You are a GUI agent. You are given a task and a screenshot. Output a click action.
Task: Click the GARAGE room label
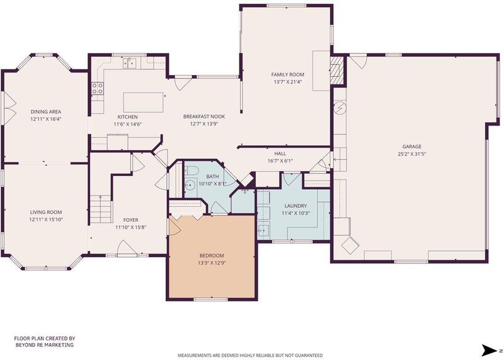pyautogui.click(x=412, y=146)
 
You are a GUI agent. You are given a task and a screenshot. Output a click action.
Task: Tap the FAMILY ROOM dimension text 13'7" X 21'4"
pyautogui.click(x=288, y=82)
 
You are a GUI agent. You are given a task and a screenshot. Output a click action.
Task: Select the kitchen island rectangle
pyautogui.click(x=144, y=102)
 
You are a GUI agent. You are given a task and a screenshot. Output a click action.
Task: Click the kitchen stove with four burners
pyautogui.click(x=98, y=88)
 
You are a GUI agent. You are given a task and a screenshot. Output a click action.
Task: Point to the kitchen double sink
pyautogui.click(x=130, y=64)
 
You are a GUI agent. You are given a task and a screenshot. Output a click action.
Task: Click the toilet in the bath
pyautogui.click(x=192, y=170)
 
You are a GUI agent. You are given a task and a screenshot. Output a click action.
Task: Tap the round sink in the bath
pyautogui.click(x=190, y=185)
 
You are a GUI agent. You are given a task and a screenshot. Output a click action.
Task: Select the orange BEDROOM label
pyautogui.click(x=212, y=255)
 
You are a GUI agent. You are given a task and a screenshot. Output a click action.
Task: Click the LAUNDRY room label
pyautogui.click(x=295, y=206)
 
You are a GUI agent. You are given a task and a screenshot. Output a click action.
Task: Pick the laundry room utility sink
pyautogui.click(x=263, y=230)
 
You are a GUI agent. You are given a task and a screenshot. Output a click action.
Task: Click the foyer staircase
pyautogui.click(x=100, y=209)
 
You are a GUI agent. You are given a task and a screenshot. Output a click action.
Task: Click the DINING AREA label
pyautogui.click(x=45, y=112)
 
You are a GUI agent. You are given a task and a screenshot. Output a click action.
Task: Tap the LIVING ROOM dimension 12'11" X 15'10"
pyautogui.click(x=45, y=219)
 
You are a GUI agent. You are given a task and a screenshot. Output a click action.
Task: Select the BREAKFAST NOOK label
pyautogui.click(x=204, y=117)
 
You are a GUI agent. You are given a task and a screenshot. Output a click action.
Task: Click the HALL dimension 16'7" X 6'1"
pyautogui.click(x=280, y=161)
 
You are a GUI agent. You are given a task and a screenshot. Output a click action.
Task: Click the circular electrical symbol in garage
pyautogui.click(x=340, y=108)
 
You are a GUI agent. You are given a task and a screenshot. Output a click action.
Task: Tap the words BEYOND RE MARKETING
pyautogui.click(x=45, y=345)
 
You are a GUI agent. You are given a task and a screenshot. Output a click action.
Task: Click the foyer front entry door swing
pyautogui.click(x=126, y=248)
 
